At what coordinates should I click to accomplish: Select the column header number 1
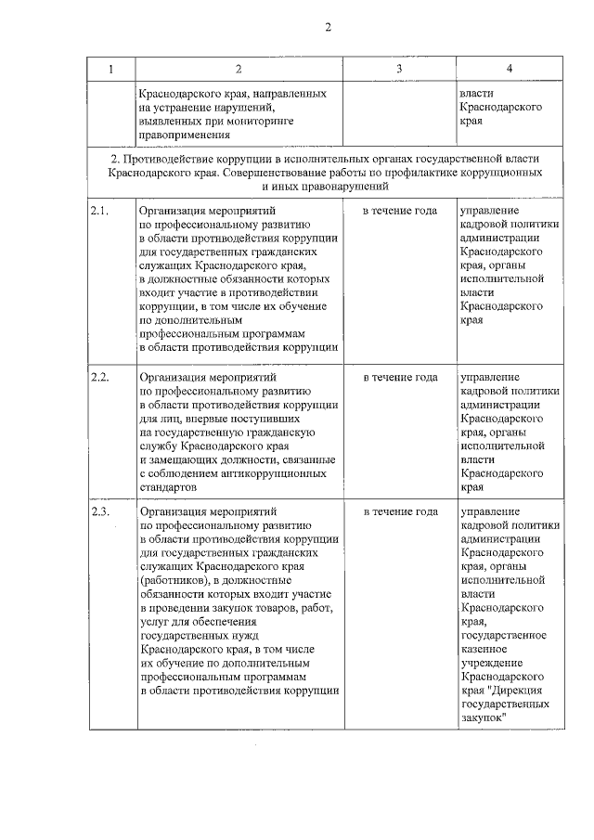111,69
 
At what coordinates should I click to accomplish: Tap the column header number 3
399,69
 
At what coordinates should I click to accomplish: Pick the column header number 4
510,69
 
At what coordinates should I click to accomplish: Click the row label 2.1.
101,211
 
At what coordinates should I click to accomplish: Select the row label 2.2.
101,378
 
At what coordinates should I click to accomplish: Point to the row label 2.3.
101,511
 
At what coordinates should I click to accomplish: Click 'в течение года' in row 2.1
399,211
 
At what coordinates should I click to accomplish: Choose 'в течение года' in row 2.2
399,378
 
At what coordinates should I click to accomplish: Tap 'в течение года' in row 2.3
399,511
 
